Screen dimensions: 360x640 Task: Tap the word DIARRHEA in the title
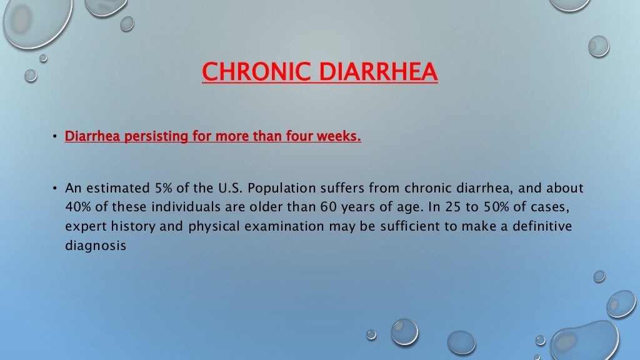pyautogui.click(x=378, y=71)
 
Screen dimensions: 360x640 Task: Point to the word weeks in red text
pyautogui.click(x=338, y=136)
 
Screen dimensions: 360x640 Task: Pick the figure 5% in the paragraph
pyautogui.click(x=163, y=188)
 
